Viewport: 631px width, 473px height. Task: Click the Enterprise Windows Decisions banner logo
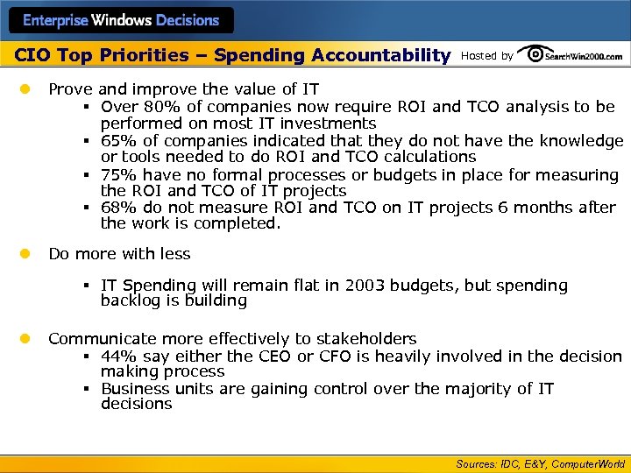click(x=120, y=19)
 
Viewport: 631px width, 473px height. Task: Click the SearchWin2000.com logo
click(x=571, y=55)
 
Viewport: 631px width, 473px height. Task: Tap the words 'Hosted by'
click(x=486, y=56)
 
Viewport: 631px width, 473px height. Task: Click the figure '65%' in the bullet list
click(x=119, y=140)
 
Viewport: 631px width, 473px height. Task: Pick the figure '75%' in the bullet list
click(x=119, y=174)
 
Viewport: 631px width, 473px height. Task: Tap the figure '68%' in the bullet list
click(x=119, y=208)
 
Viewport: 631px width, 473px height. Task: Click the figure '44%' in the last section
click(x=119, y=356)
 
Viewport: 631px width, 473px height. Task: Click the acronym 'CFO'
click(x=337, y=356)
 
